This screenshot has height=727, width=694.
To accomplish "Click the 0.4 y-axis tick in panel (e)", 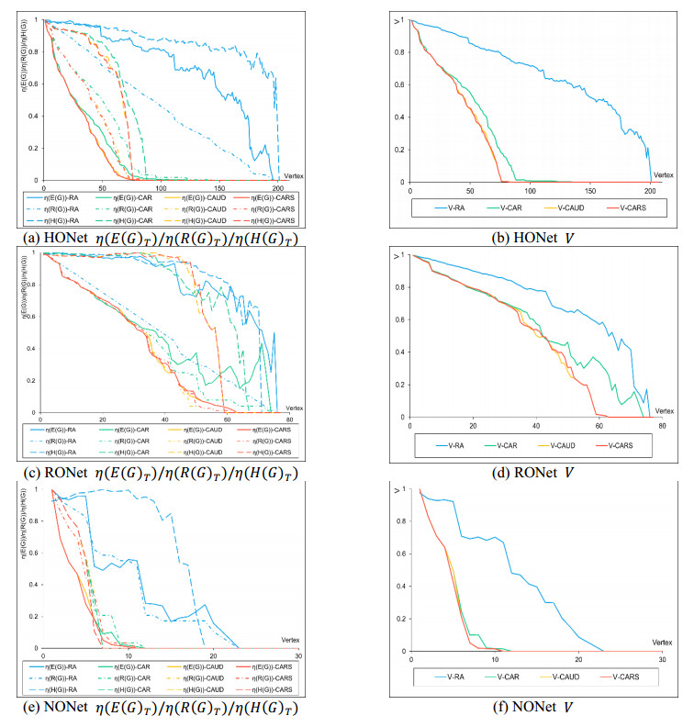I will click(x=34, y=584).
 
